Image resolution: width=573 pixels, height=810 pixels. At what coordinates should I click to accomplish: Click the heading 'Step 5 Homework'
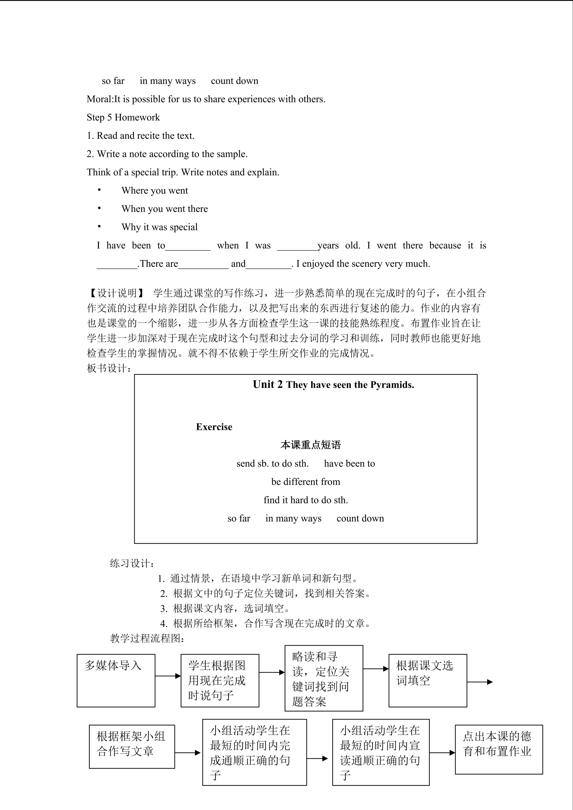click(123, 117)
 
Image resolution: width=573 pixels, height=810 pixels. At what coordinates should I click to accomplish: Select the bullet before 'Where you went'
click(99, 190)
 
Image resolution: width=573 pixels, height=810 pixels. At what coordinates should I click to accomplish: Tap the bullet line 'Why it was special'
click(160, 227)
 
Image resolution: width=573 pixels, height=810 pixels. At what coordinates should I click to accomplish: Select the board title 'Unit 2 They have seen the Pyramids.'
click(333, 384)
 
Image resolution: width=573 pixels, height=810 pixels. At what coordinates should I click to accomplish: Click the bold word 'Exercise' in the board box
click(214, 427)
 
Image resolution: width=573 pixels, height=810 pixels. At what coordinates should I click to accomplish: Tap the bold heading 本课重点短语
click(310, 445)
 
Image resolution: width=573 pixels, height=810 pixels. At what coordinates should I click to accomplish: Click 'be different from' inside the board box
click(306, 482)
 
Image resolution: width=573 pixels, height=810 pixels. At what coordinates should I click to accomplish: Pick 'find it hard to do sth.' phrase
click(306, 500)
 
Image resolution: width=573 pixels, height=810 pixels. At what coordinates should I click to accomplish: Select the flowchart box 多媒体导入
click(116, 681)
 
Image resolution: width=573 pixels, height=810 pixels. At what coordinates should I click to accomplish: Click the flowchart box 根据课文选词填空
click(428, 681)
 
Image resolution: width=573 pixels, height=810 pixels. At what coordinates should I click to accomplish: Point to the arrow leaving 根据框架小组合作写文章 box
click(188, 753)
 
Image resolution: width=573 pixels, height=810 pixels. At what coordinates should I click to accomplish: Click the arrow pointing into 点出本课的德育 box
click(442, 753)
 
